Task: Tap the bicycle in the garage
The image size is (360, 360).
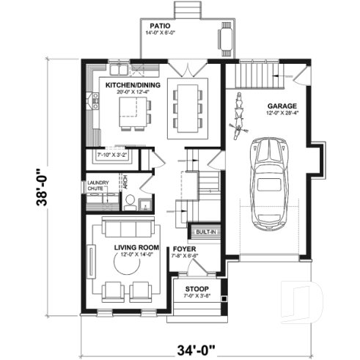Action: click(x=236, y=116)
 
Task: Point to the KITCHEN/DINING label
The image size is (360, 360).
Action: click(x=133, y=86)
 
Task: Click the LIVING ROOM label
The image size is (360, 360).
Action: click(x=136, y=249)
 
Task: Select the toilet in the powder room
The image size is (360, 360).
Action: click(x=131, y=205)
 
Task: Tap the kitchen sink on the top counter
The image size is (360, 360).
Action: click(x=122, y=70)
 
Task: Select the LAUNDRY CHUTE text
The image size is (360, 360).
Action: click(x=98, y=185)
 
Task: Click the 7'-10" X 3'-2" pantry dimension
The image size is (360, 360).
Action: click(x=113, y=155)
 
